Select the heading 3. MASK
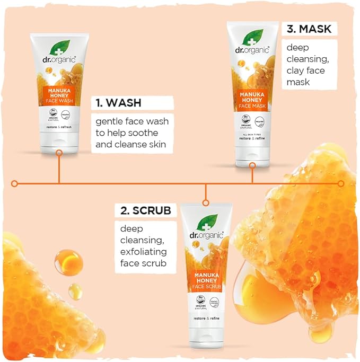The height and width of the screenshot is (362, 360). (x=310, y=29)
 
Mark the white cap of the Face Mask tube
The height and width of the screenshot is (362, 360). (x=252, y=154)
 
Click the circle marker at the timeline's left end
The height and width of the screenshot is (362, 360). (x=15, y=183)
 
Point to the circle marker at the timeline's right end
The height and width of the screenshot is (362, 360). (x=341, y=183)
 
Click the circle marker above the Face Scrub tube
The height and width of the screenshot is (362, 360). (x=206, y=202)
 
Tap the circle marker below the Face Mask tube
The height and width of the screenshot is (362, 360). (x=252, y=165)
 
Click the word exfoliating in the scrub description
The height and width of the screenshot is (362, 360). (x=143, y=251)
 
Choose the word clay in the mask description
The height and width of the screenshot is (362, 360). (x=297, y=71)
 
